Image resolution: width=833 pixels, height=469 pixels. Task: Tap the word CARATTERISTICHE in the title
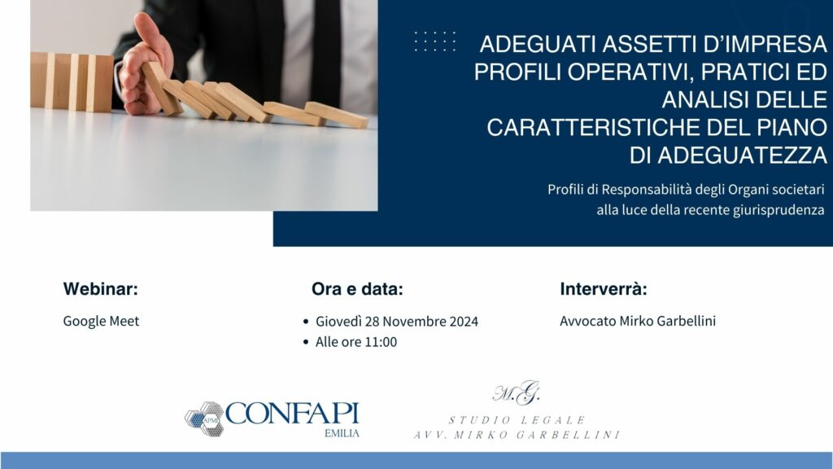(592, 128)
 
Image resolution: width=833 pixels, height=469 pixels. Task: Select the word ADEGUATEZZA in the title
(742, 156)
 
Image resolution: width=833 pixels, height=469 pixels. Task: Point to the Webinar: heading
(100, 289)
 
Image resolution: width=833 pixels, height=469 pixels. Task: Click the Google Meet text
(101, 321)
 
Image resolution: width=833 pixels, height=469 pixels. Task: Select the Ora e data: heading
(357, 289)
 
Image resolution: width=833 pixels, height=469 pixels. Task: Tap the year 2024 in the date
(464, 322)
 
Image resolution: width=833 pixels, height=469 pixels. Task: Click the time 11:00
(381, 342)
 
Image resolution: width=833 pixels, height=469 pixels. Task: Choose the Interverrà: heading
(604, 289)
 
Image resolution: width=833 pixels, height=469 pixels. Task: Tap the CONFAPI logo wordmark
(292, 414)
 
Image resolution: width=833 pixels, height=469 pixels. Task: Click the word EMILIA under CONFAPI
(342, 433)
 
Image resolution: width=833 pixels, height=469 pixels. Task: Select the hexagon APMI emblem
(204, 419)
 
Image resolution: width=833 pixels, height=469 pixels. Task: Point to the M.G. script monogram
(517, 393)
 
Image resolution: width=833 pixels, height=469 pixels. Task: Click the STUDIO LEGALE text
(517, 421)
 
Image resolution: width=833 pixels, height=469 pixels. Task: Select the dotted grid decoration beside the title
(434, 41)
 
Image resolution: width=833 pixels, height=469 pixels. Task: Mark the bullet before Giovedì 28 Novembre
(306, 322)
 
